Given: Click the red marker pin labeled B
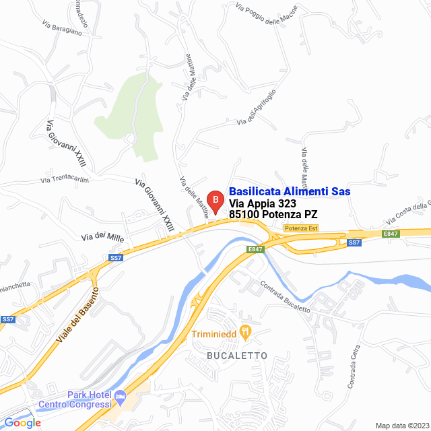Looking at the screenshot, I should (x=214, y=201).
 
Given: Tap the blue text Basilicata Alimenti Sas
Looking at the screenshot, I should (x=290, y=192).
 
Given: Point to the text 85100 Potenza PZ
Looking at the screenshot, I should (x=273, y=215).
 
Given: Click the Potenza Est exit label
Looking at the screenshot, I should (x=300, y=228).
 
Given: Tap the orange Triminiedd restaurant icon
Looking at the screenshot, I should (x=246, y=331).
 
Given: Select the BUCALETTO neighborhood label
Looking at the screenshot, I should (x=237, y=355).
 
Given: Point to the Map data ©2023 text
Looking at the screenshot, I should (x=402, y=425).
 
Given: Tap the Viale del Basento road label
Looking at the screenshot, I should (x=77, y=317).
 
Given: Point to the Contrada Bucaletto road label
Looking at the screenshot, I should (x=284, y=296).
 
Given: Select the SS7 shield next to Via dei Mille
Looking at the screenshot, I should (x=116, y=257).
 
